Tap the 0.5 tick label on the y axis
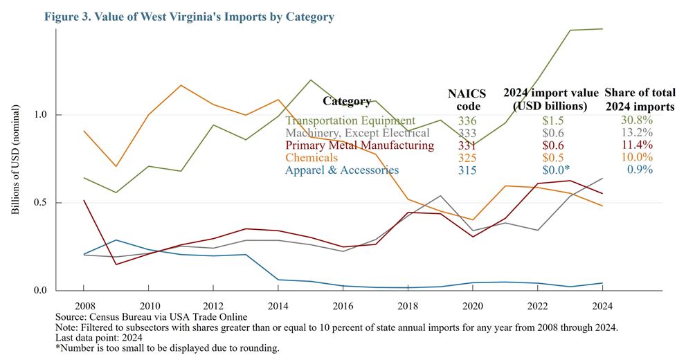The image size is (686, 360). pos(41,203)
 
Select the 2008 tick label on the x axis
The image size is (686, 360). pos(84,305)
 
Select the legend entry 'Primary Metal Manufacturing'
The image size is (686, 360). pos(359,145)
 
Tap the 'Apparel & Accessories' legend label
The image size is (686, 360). pos(342,170)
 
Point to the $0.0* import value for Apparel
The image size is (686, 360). pos(546,170)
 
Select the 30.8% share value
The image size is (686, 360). pos(637,120)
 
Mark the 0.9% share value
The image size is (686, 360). pos(640,170)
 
